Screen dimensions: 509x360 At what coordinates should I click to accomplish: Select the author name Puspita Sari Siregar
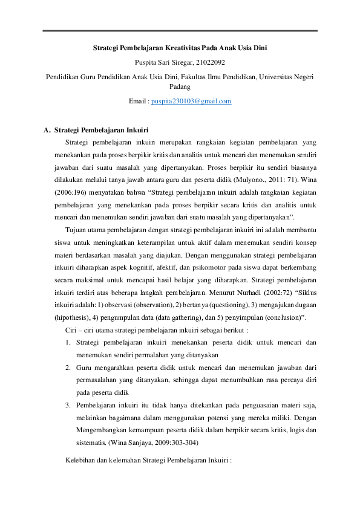click(158, 61)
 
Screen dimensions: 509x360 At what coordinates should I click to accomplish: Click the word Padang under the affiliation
click(180, 86)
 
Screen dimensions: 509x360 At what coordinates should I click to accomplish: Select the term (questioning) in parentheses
click(228, 305)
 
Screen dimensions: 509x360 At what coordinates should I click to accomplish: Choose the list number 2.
click(68, 367)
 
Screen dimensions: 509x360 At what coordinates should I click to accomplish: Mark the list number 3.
click(68, 404)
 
